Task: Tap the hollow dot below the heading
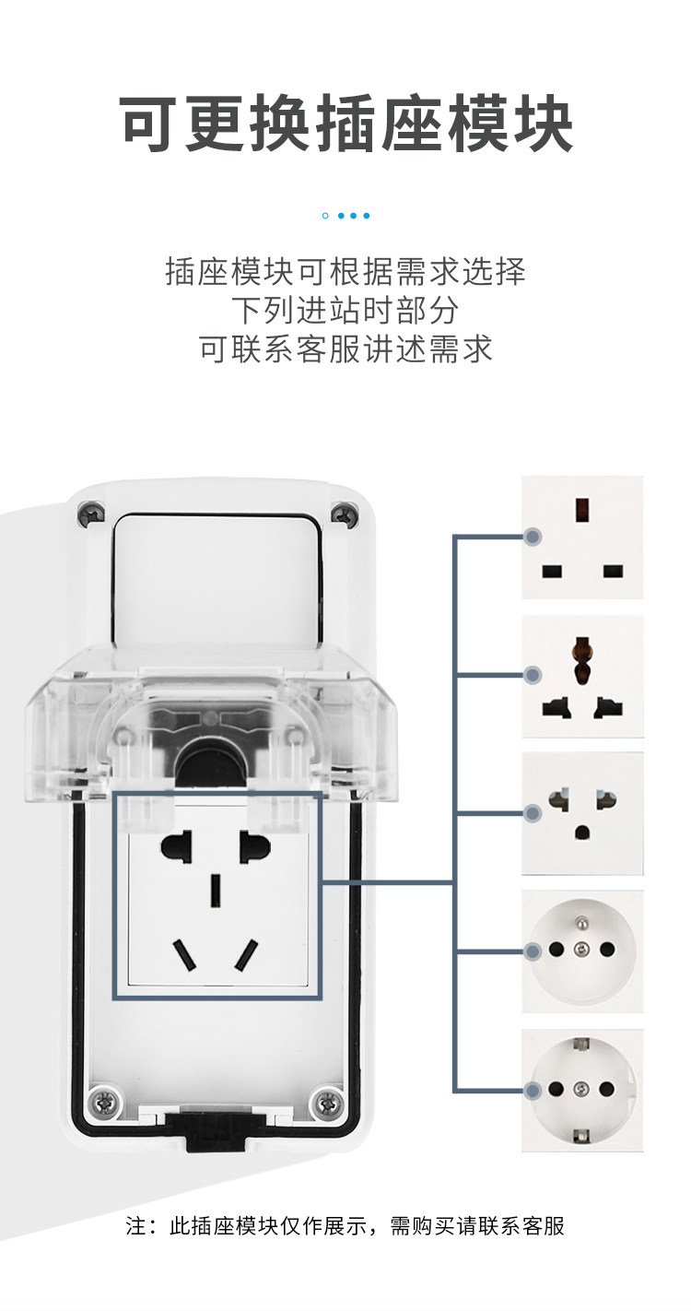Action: tap(325, 216)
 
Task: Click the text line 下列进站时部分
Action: tap(345, 310)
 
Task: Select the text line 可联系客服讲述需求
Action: tap(345, 348)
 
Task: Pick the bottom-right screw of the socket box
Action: tap(325, 1100)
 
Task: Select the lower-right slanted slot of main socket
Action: tap(245, 954)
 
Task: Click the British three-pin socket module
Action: tap(582, 537)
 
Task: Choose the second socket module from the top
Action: tap(582, 676)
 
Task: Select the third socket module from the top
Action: tap(582, 813)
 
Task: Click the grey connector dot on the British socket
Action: tap(533, 537)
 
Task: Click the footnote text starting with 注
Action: tap(345, 1225)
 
